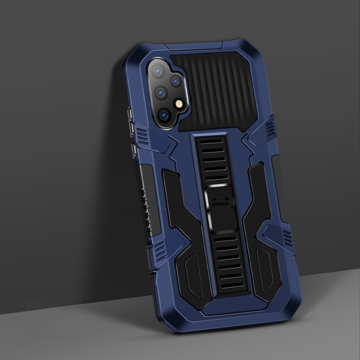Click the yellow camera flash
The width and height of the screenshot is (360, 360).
click(x=180, y=103)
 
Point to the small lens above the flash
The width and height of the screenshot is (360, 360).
click(x=176, y=82)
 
